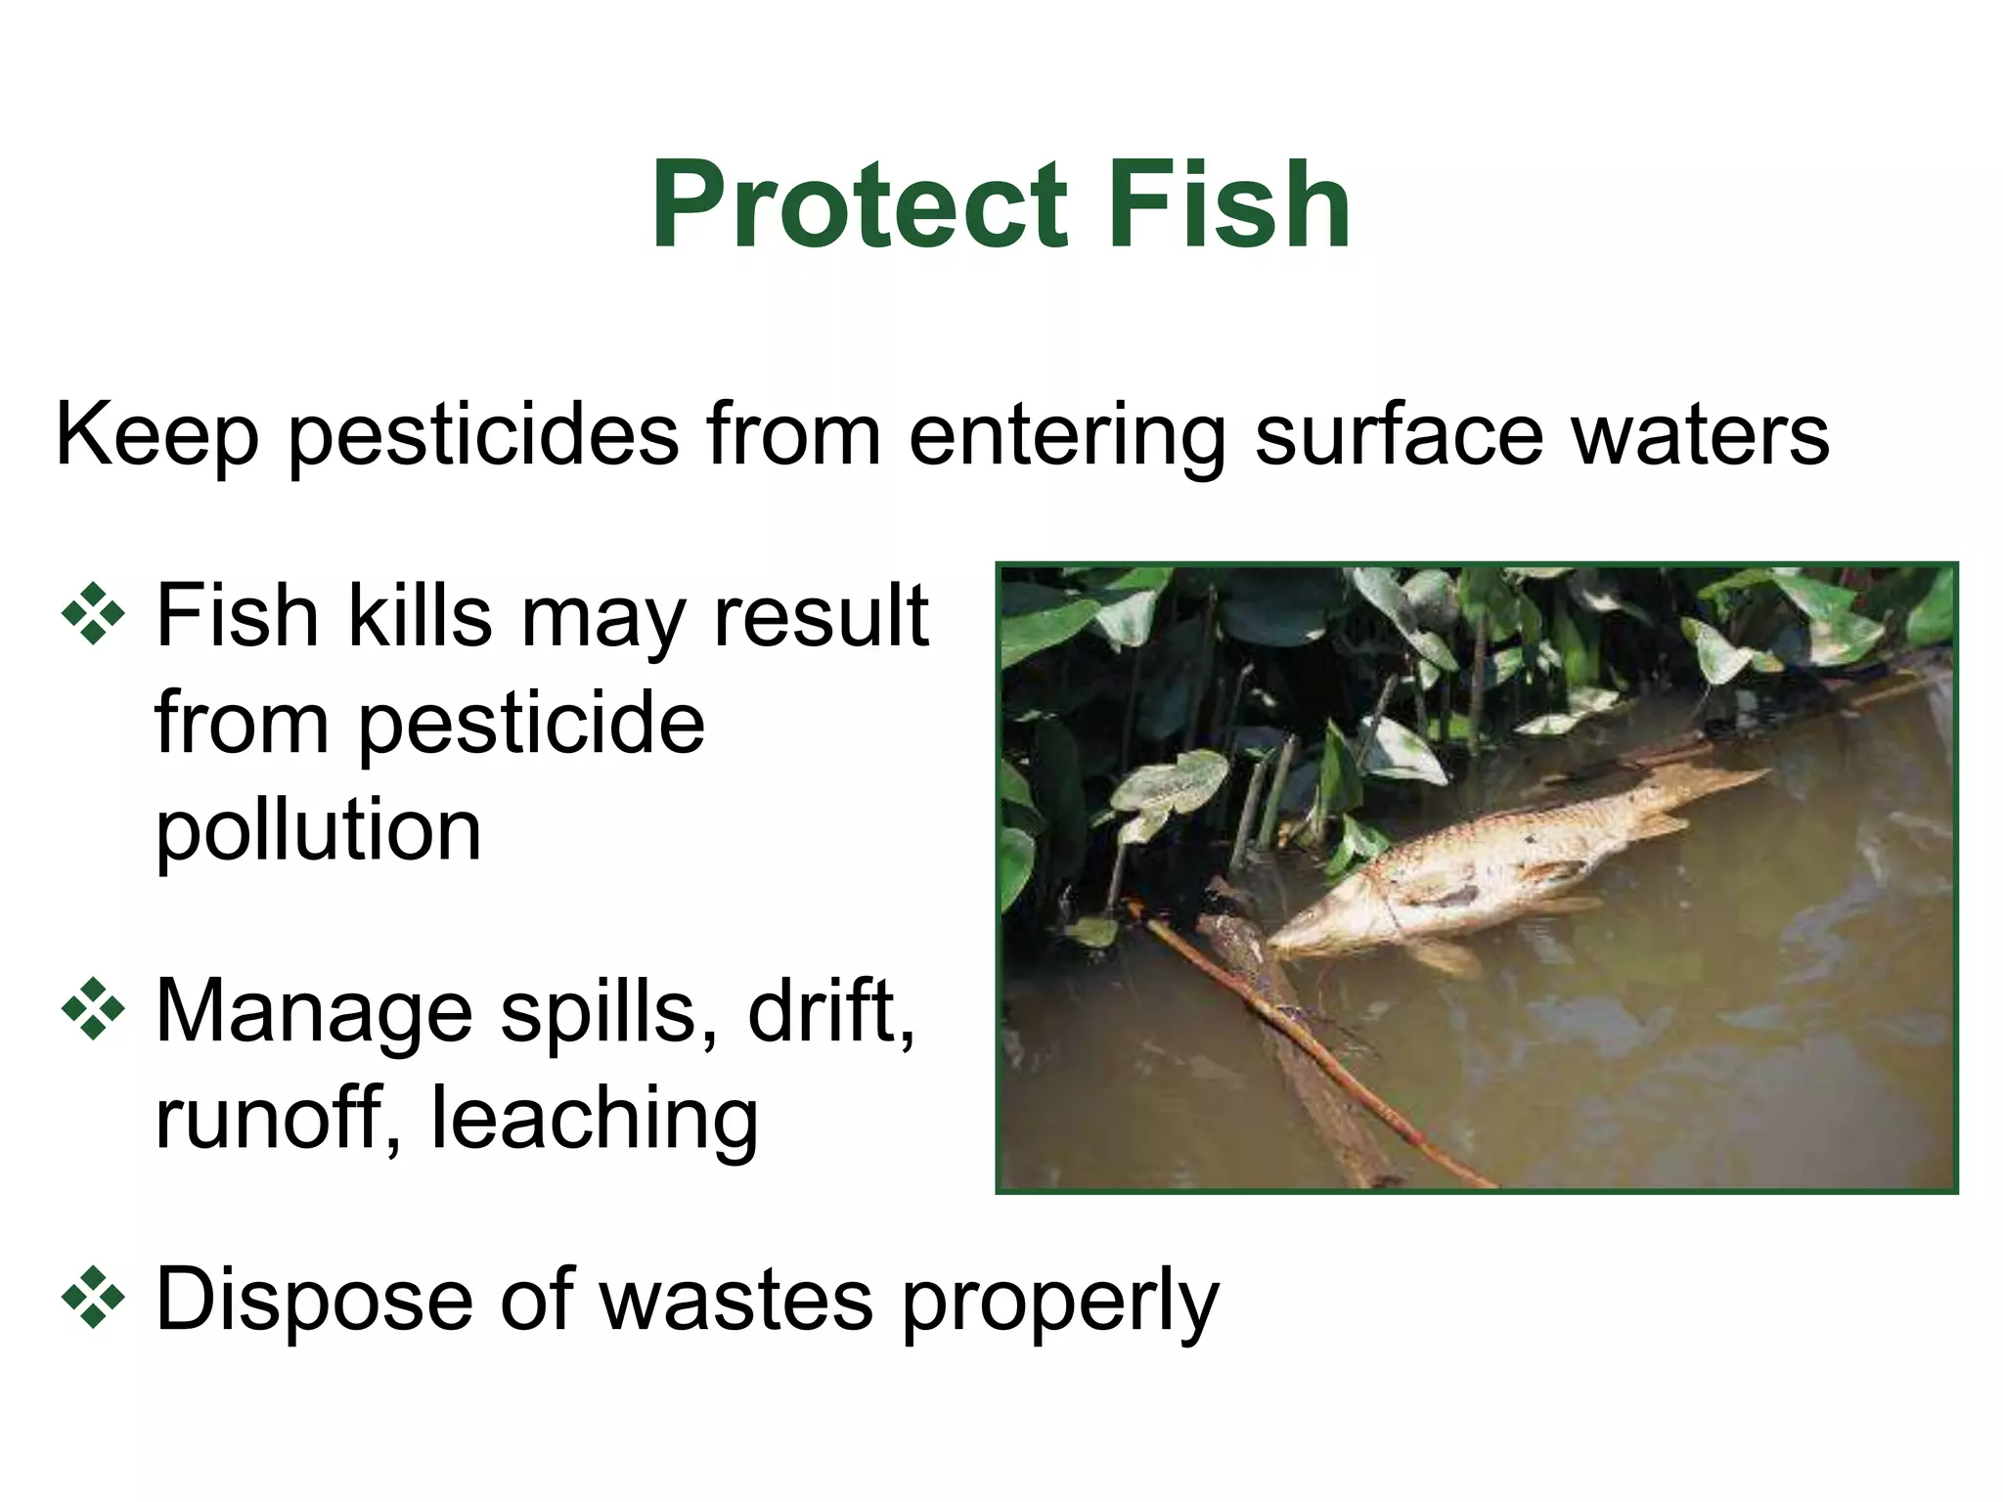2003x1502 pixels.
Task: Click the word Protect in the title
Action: [x=859, y=206]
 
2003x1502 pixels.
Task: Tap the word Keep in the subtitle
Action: [x=157, y=435]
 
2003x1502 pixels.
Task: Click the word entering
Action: [x=1067, y=435]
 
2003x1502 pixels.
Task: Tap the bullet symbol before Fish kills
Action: [x=94, y=614]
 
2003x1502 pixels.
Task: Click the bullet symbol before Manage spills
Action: [x=94, y=1008]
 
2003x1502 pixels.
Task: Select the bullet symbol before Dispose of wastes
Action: [x=94, y=1298]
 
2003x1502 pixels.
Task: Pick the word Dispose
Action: [x=312, y=1302]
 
